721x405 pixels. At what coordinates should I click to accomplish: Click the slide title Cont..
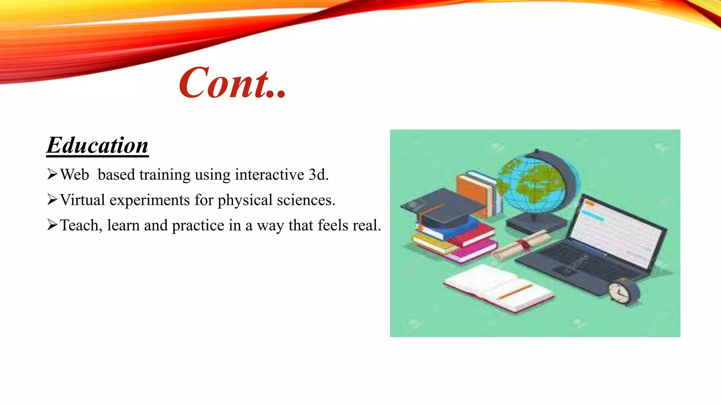tap(232, 83)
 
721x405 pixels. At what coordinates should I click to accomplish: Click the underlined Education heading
tap(98, 145)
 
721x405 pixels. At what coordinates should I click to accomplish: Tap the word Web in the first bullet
tap(74, 175)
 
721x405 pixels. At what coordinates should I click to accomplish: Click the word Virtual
tap(82, 200)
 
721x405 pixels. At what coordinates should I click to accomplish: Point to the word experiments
tap(150, 200)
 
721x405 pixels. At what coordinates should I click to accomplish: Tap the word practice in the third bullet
tap(198, 226)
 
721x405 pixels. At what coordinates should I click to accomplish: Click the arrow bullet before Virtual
tap(52, 200)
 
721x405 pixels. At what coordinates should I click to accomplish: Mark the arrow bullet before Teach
tap(52, 225)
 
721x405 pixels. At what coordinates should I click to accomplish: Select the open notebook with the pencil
tap(498, 287)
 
